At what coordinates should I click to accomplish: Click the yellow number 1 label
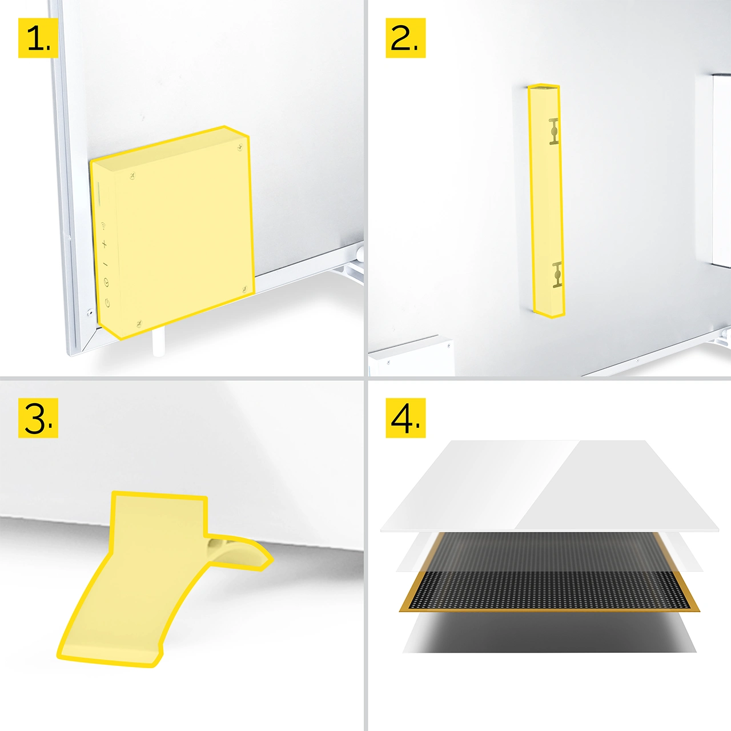point(38,38)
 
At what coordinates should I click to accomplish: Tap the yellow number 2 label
point(405,38)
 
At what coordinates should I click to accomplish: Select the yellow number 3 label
point(38,418)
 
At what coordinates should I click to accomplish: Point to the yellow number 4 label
point(405,418)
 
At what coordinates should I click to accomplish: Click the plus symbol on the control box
point(105,244)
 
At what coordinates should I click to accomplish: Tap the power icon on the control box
point(107,303)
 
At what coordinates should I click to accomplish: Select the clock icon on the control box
point(106,282)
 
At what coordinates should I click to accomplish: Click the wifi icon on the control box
point(103,227)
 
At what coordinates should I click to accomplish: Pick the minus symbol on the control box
point(106,264)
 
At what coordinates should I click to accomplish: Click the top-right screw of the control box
point(240,147)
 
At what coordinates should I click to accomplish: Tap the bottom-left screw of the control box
point(139,324)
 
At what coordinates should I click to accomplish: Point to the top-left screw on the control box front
point(132,176)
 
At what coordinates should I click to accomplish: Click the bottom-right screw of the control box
point(244,290)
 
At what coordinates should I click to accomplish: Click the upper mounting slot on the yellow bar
point(554,131)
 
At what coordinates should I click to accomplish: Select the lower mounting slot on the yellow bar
point(557,275)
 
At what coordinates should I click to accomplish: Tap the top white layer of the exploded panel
point(549,485)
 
